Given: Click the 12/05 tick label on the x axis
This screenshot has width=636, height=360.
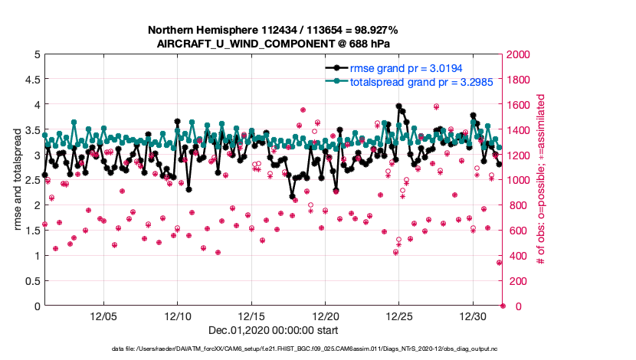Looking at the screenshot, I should (103, 316).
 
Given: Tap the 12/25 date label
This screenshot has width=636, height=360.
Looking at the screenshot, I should (399, 316).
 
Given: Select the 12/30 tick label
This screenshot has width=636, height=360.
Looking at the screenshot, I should (474, 316).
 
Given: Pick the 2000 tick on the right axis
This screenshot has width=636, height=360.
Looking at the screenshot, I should (520, 55).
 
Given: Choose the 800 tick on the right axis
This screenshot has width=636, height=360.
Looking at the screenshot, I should (516, 205).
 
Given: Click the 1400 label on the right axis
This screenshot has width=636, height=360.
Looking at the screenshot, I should (520, 130).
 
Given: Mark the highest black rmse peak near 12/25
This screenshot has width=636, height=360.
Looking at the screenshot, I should (398, 106).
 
